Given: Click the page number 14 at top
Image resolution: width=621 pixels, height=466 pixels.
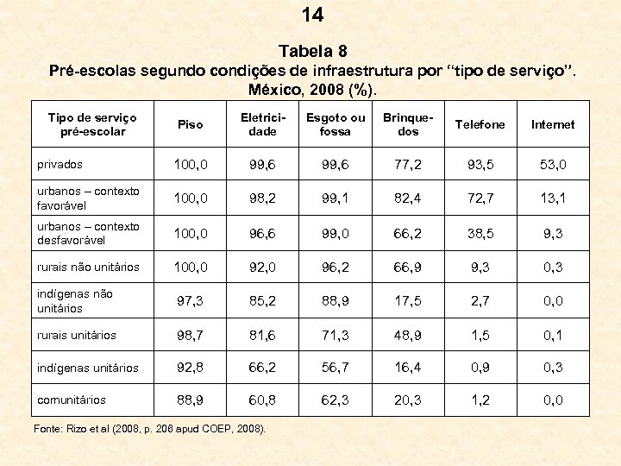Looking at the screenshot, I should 312,15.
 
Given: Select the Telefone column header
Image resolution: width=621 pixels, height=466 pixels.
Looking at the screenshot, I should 480,124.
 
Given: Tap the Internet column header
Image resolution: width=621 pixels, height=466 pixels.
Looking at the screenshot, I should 553,124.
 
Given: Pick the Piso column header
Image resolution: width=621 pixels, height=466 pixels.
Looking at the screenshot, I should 190,124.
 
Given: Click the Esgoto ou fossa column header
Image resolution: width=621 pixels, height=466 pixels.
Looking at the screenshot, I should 336,124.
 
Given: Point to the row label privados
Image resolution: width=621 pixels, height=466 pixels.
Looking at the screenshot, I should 60,163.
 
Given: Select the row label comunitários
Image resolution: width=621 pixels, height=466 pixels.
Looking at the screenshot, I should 72,400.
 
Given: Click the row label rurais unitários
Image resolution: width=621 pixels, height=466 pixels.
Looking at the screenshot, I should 77,335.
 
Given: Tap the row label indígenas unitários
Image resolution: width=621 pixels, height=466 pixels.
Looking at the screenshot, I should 88,368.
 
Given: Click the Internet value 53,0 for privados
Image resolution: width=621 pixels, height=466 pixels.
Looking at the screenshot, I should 553,164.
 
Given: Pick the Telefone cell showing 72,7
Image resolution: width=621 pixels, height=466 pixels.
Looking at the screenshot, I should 480,198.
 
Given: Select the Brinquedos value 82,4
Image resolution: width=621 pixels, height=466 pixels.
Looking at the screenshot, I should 408,198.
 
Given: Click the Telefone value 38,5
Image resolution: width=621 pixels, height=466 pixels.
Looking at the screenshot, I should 480,233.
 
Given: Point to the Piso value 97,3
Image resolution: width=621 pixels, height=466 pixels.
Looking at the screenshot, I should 190,300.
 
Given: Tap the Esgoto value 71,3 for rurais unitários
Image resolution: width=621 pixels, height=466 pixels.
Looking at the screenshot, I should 336,335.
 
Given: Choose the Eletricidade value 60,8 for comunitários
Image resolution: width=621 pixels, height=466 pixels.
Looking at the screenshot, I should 262,400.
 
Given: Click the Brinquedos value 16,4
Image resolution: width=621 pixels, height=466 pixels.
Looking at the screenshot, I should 408,368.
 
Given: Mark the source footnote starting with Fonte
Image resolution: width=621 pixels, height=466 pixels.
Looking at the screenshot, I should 152,429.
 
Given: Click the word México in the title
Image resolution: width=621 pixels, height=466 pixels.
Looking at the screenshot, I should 278,89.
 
